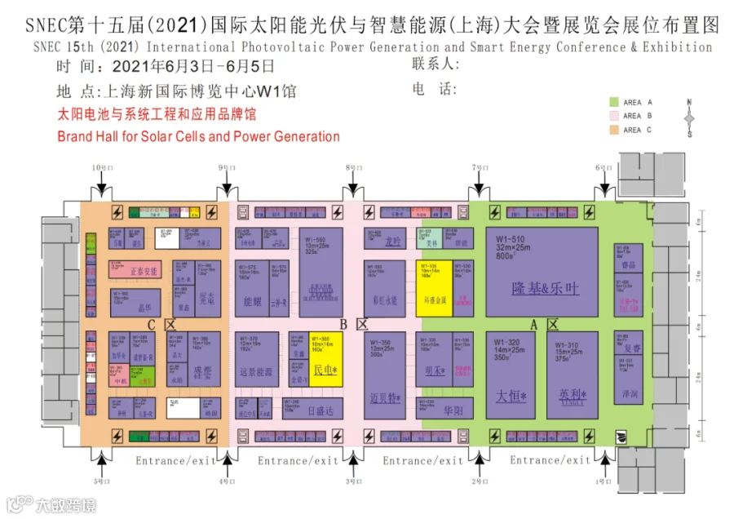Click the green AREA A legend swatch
click(613, 102)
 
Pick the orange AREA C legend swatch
click(613, 129)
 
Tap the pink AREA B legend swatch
click(613, 116)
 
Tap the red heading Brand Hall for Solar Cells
click(198, 136)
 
